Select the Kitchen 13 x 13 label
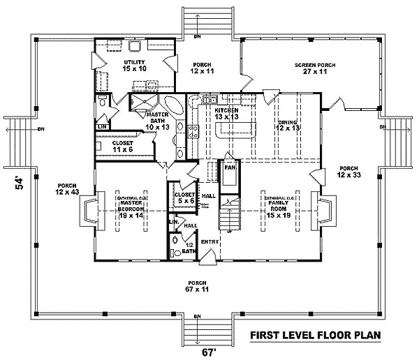(228, 114)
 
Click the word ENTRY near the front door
(210, 242)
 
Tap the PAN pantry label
(228, 168)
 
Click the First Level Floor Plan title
(315, 336)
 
